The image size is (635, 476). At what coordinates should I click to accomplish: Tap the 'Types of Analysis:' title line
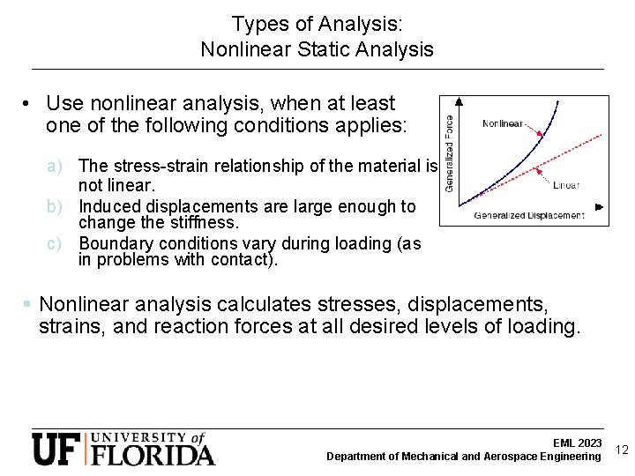pos(317,24)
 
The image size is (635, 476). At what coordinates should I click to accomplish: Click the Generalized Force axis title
pos(449,153)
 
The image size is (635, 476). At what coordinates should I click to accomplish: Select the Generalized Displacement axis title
pos(529,215)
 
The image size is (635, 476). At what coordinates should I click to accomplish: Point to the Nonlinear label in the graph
pos(503,123)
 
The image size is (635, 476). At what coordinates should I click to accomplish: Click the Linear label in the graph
pos(566,186)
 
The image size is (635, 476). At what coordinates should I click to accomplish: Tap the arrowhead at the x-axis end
pos(600,207)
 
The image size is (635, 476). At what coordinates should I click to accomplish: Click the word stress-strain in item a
pos(154,166)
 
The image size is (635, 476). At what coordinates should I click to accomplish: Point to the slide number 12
pos(621,450)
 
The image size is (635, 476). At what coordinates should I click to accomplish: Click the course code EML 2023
pos(578,443)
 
